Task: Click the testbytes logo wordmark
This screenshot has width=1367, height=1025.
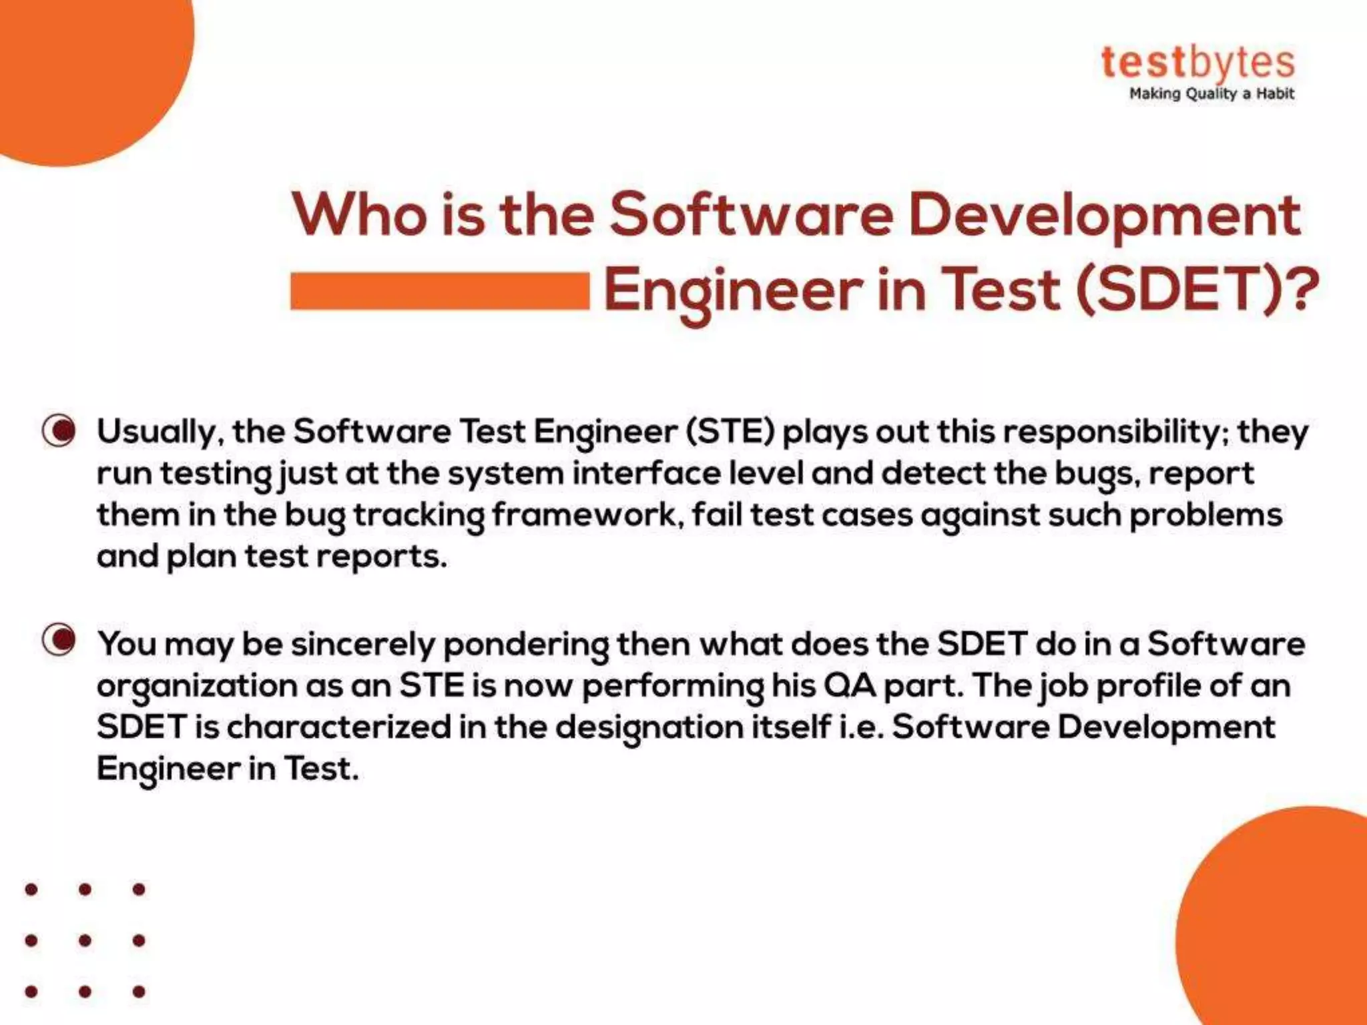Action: (1197, 63)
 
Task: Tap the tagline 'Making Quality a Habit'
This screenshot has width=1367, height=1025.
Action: (1211, 94)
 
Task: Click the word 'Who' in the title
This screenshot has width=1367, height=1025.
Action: (359, 215)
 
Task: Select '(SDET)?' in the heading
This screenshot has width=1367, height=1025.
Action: (1197, 290)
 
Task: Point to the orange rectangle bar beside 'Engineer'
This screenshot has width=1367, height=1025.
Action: (440, 291)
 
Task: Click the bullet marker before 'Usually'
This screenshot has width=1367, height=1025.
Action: (59, 431)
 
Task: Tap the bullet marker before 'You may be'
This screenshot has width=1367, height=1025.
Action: (59, 641)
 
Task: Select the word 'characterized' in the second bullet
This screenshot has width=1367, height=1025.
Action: (339, 727)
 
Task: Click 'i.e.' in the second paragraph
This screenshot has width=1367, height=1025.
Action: (862, 727)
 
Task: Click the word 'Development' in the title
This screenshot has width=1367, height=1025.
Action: (1105, 215)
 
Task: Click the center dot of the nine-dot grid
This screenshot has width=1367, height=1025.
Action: (85, 940)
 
